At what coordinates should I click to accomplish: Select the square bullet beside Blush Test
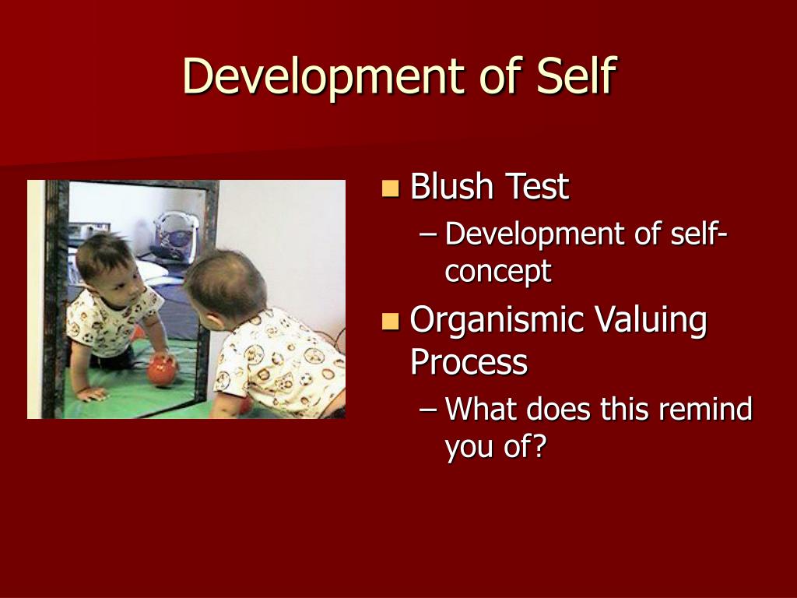[390, 188]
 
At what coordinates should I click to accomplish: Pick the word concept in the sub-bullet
[497, 271]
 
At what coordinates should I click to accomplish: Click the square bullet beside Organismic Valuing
[390, 322]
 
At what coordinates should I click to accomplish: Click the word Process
[469, 362]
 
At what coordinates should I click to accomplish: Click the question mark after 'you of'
[539, 445]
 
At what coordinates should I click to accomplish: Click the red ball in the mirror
[162, 371]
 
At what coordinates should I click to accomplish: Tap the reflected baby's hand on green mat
[93, 394]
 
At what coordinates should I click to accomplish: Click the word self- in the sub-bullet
[699, 234]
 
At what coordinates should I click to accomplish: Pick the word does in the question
[559, 408]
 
